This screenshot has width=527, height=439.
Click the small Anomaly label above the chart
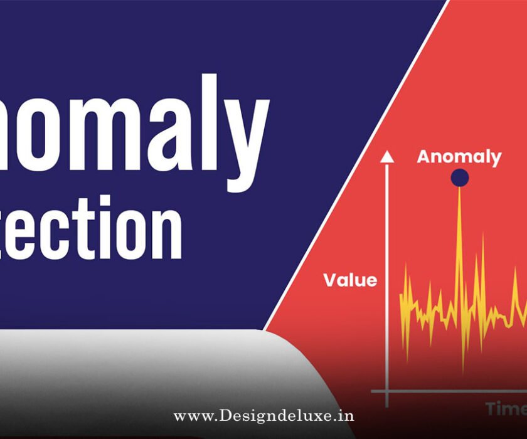click(x=459, y=156)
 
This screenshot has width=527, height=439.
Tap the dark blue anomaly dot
click(x=459, y=178)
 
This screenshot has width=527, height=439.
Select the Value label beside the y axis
click(x=350, y=280)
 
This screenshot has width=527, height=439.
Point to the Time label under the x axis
click(x=506, y=409)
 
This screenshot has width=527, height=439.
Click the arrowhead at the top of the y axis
click(x=387, y=157)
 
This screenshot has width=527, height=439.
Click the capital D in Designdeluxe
click(x=228, y=416)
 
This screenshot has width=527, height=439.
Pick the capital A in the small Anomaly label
click(x=424, y=156)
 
